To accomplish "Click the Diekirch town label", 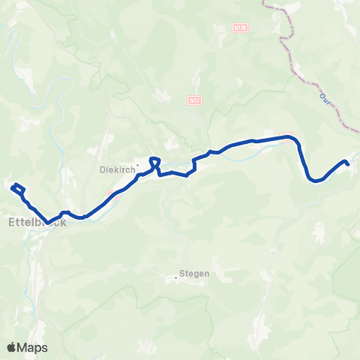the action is click(117, 169).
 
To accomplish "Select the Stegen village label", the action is click(195, 274).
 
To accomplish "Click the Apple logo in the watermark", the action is click(12, 347).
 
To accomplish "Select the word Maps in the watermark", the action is click(34, 347).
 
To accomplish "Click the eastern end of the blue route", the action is click(346, 162).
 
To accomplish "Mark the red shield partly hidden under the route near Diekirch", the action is click(112, 194).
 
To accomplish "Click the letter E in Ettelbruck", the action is click(11, 222).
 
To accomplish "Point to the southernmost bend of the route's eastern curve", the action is click(316, 180).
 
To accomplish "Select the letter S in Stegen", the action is click(182, 274).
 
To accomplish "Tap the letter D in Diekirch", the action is click(103, 169).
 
